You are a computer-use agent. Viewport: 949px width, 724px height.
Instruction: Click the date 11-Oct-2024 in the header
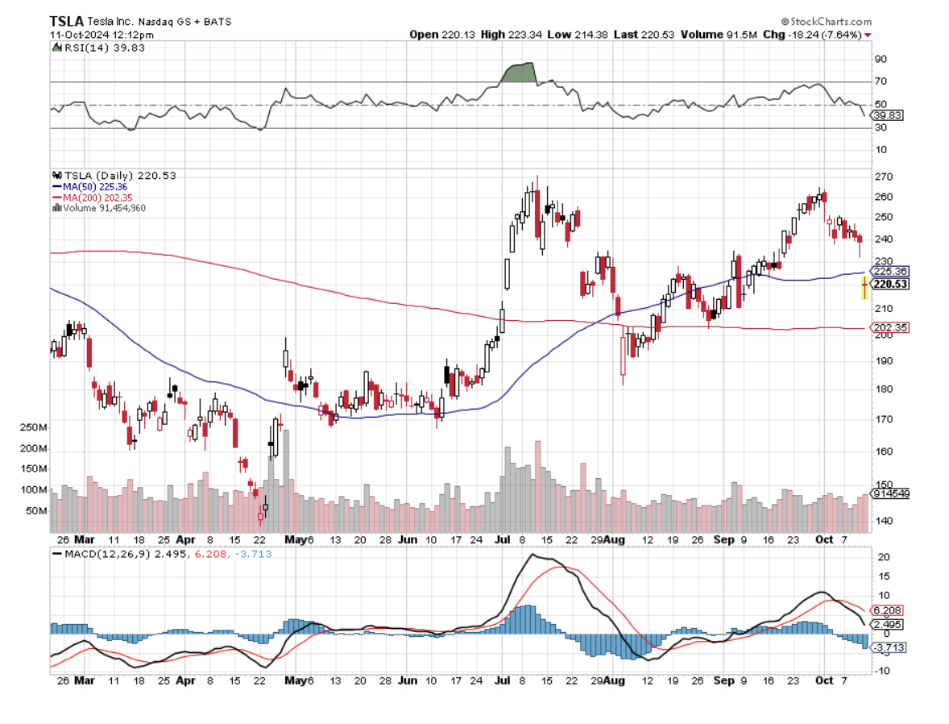pos(78,34)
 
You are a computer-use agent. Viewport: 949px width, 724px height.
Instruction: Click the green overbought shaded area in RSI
pos(519,73)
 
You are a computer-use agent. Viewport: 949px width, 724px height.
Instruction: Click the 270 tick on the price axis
pos(884,177)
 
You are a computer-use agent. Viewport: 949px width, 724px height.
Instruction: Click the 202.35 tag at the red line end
pos(889,328)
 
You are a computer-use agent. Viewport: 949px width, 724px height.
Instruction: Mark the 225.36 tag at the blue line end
pos(889,272)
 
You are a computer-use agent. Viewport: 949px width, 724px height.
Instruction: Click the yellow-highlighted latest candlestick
pos(864,286)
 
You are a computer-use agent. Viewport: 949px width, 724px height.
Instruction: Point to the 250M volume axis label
pos(35,427)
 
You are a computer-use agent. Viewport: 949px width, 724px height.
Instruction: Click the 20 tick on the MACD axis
pos(882,558)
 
